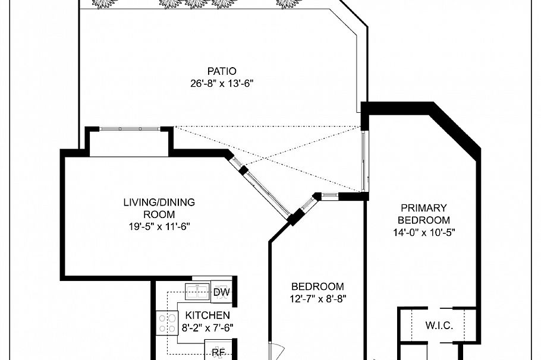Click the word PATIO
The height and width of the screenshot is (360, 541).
218,71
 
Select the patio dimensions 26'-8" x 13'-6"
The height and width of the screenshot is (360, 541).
218,83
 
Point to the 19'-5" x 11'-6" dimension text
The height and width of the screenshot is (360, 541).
159,226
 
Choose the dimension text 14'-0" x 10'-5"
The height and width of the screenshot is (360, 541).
423,232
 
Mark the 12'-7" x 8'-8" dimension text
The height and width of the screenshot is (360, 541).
317,299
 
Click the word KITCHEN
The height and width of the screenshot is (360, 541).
207,315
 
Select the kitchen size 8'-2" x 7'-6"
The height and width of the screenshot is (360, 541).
207,327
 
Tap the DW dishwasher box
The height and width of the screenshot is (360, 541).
221,292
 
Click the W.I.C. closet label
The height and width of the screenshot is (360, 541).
439,326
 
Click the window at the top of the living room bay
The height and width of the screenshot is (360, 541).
129,128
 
